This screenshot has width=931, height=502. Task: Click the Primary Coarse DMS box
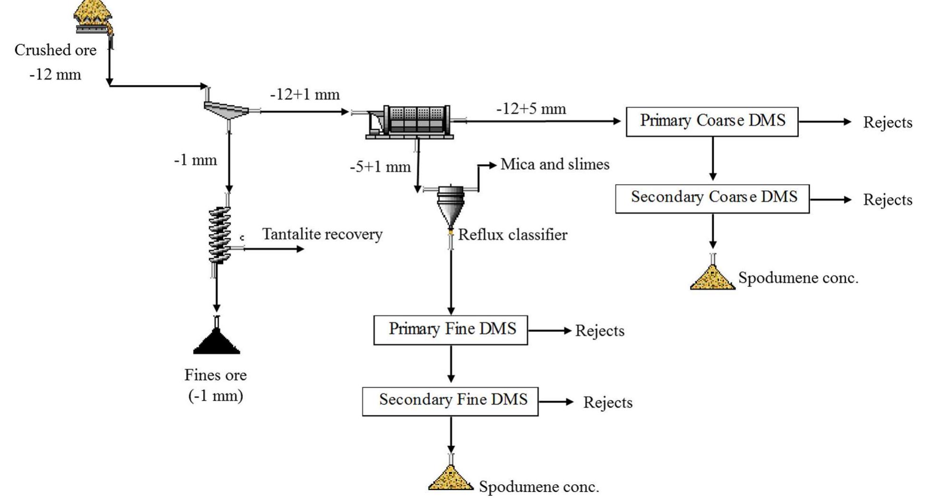click(712, 122)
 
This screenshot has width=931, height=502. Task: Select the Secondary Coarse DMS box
click(712, 198)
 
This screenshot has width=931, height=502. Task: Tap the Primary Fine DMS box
click(451, 330)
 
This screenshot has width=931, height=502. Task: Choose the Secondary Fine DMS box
click(450, 401)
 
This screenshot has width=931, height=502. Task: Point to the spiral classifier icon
click(219, 234)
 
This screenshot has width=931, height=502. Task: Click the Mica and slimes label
click(555, 164)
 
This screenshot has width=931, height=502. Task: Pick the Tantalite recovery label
click(322, 234)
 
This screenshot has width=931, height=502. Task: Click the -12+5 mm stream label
click(531, 109)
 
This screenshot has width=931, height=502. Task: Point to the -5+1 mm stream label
click(380, 167)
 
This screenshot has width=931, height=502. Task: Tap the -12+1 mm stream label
click(305, 95)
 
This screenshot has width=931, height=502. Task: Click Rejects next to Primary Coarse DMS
click(887, 122)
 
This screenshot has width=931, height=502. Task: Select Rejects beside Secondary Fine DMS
click(608, 403)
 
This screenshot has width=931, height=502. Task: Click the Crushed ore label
click(55, 50)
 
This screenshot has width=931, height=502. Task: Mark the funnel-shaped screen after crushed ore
click(227, 110)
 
